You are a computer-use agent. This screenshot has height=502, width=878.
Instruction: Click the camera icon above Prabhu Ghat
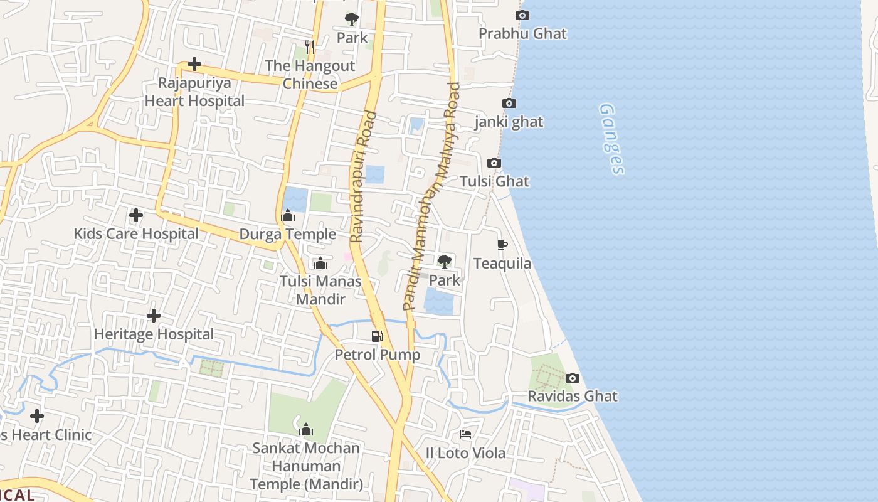[x=522, y=16]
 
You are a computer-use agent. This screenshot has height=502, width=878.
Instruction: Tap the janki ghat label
[x=509, y=122]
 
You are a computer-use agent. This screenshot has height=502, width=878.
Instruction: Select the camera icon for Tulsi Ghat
[x=494, y=163]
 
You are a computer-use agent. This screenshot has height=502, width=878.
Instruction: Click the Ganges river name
[x=611, y=139]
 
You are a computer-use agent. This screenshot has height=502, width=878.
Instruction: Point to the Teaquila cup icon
[x=502, y=245]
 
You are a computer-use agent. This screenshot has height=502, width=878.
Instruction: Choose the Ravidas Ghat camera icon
[x=572, y=378]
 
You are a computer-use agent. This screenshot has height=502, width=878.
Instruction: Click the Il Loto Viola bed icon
[x=465, y=434]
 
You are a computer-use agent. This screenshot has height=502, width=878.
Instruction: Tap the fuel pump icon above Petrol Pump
[x=377, y=336]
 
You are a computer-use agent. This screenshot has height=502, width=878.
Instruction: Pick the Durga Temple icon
[x=288, y=216]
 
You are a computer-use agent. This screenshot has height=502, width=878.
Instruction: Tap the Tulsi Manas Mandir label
[x=320, y=289]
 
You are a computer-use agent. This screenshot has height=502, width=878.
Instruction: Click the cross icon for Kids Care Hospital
[x=135, y=216]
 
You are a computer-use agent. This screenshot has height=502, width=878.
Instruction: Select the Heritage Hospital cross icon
[x=154, y=316]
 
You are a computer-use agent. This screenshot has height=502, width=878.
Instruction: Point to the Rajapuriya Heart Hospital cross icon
[x=194, y=64]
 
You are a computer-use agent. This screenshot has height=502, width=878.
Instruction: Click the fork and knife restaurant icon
[x=309, y=46]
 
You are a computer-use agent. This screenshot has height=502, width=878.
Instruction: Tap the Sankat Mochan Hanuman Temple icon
[x=306, y=429]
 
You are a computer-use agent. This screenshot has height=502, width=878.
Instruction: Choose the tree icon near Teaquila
[x=444, y=262]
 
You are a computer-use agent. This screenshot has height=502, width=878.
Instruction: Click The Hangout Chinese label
[x=310, y=75]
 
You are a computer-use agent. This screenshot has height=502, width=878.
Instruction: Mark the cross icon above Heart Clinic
[x=37, y=416]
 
